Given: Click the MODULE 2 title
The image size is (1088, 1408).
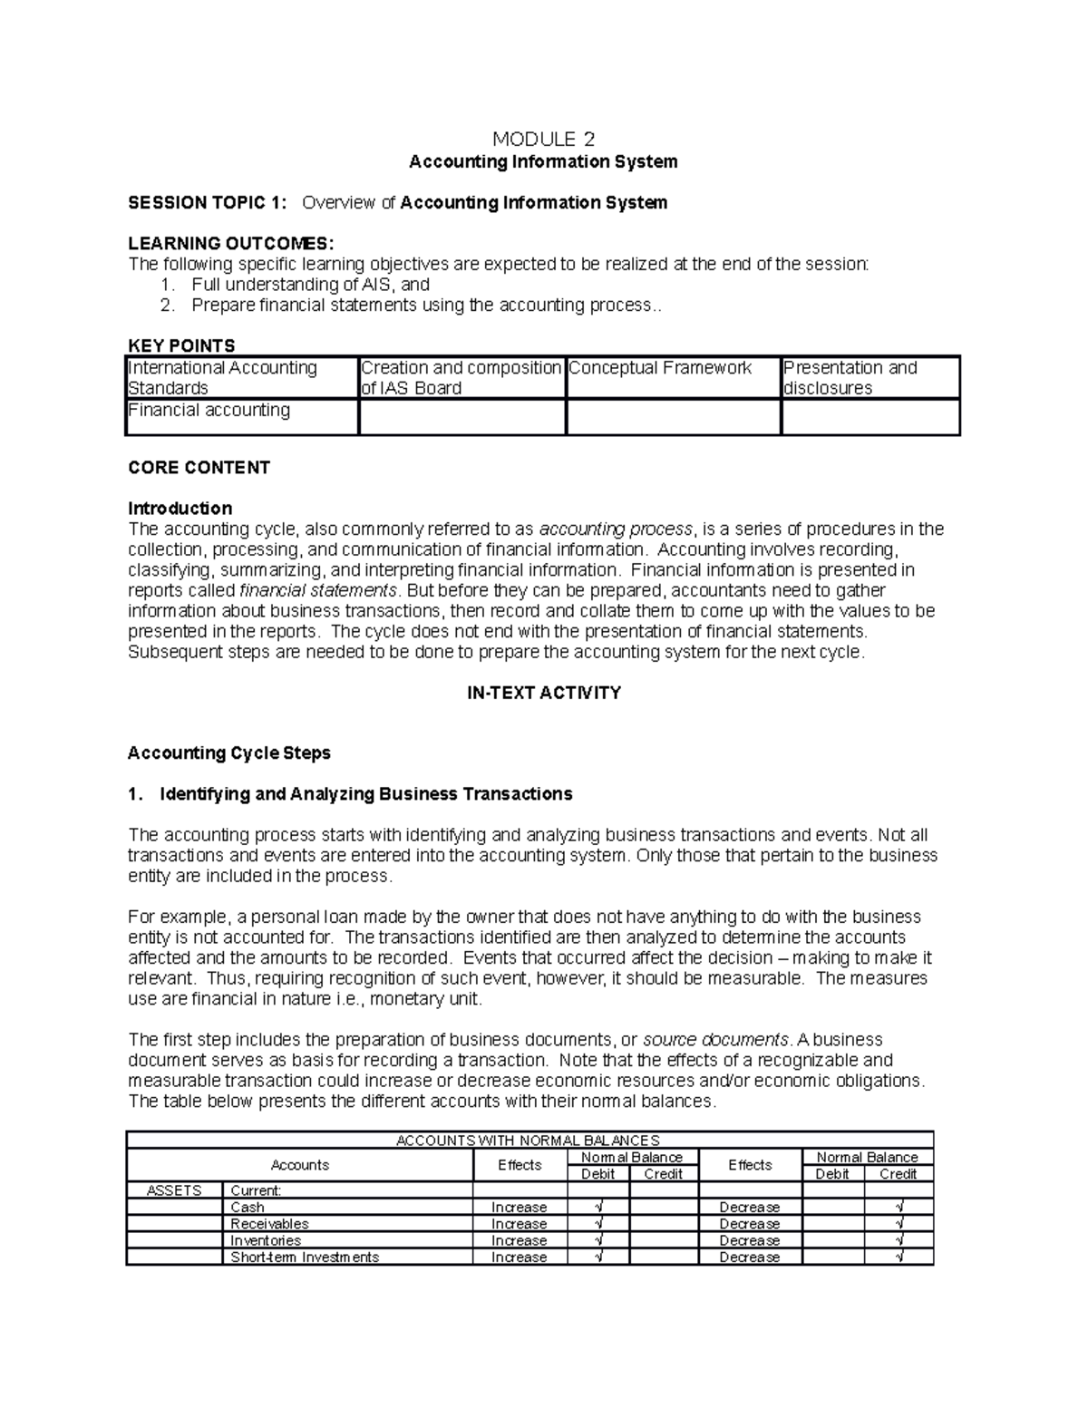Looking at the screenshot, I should [543, 139].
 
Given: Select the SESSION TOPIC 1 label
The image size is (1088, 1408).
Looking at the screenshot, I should [207, 203].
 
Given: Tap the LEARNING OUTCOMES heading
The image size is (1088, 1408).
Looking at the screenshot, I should [231, 244].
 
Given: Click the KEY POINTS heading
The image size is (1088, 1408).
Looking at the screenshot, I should [181, 345].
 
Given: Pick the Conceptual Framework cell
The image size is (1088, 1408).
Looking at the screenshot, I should [660, 368].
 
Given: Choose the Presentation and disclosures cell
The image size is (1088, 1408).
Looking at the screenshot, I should [850, 378].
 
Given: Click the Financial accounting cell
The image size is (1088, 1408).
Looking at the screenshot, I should [209, 411].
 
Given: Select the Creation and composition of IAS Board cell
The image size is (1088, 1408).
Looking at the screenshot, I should [461, 378].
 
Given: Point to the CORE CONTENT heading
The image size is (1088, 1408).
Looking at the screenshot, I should [199, 468].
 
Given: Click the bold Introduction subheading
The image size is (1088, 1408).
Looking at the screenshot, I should [180, 509].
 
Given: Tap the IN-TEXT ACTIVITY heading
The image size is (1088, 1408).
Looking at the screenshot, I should [543, 694].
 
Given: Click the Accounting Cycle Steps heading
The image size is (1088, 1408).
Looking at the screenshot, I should [228, 753].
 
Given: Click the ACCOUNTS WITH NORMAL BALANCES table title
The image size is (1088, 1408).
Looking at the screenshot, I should [529, 1141].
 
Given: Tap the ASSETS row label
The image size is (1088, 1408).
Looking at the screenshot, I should [174, 1190].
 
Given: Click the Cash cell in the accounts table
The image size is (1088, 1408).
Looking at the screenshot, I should [248, 1208].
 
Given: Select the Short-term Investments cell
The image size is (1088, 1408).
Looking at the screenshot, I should [305, 1257].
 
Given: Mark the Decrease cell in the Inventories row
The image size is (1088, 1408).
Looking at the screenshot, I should [749, 1241].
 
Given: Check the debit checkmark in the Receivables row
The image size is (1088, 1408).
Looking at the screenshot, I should [598, 1224].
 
